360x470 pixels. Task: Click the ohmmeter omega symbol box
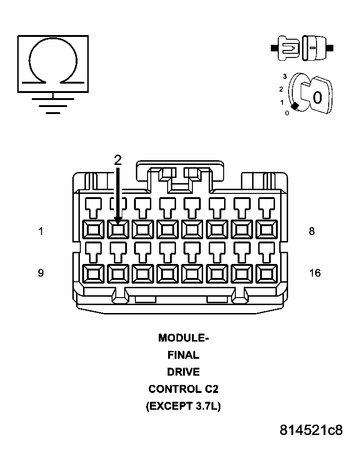coord(53,64)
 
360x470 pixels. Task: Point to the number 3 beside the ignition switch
coord(284,76)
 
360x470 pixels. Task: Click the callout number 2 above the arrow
coord(118,160)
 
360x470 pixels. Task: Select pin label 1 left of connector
coord(41,231)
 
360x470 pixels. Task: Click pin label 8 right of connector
coord(312,231)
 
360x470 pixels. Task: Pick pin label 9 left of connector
coord(41,273)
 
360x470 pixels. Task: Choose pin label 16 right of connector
coord(315,273)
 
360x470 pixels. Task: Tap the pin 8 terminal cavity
coord(266,229)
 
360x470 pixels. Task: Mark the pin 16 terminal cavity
coord(266,274)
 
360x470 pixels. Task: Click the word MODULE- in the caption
coord(183,338)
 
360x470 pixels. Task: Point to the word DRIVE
coord(183,372)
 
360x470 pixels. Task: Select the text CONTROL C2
coord(183,389)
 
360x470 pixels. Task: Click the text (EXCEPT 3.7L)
coord(183,406)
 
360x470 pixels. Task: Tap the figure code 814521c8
coord(311,430)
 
